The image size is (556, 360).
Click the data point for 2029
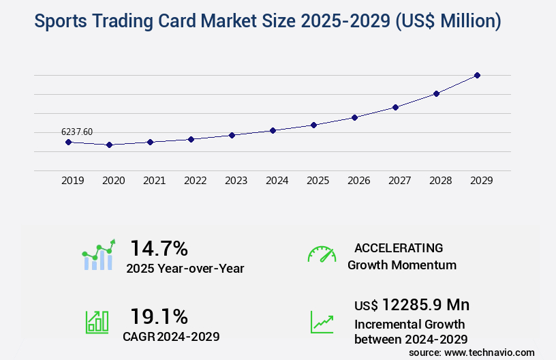click(x=477, y=75)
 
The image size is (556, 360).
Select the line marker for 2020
click(x=109, y=145)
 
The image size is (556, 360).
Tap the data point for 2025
click(x=313, y=125)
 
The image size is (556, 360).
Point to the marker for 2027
click(x=395, y=107)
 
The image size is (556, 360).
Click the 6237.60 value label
click(x=77, y=132)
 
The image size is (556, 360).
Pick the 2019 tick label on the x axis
click(x=73, y=181)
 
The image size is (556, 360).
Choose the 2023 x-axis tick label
click(x=236, y=181)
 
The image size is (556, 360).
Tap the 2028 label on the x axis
click(x=441, y=181)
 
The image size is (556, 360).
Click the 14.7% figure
click(x=159, y=247)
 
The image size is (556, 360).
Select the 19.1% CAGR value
click(x=159, y=316)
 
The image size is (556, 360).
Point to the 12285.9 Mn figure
click(x=426, y=305)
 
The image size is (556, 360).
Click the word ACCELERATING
click(x=399, y=248)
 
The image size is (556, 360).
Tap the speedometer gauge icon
click(x=322, y=254)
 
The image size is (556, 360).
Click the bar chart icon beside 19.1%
click(x=97, y=321)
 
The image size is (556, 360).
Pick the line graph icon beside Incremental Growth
click(x=322, y=322)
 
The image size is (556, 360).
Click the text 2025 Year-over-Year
click(x=185, y=269)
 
